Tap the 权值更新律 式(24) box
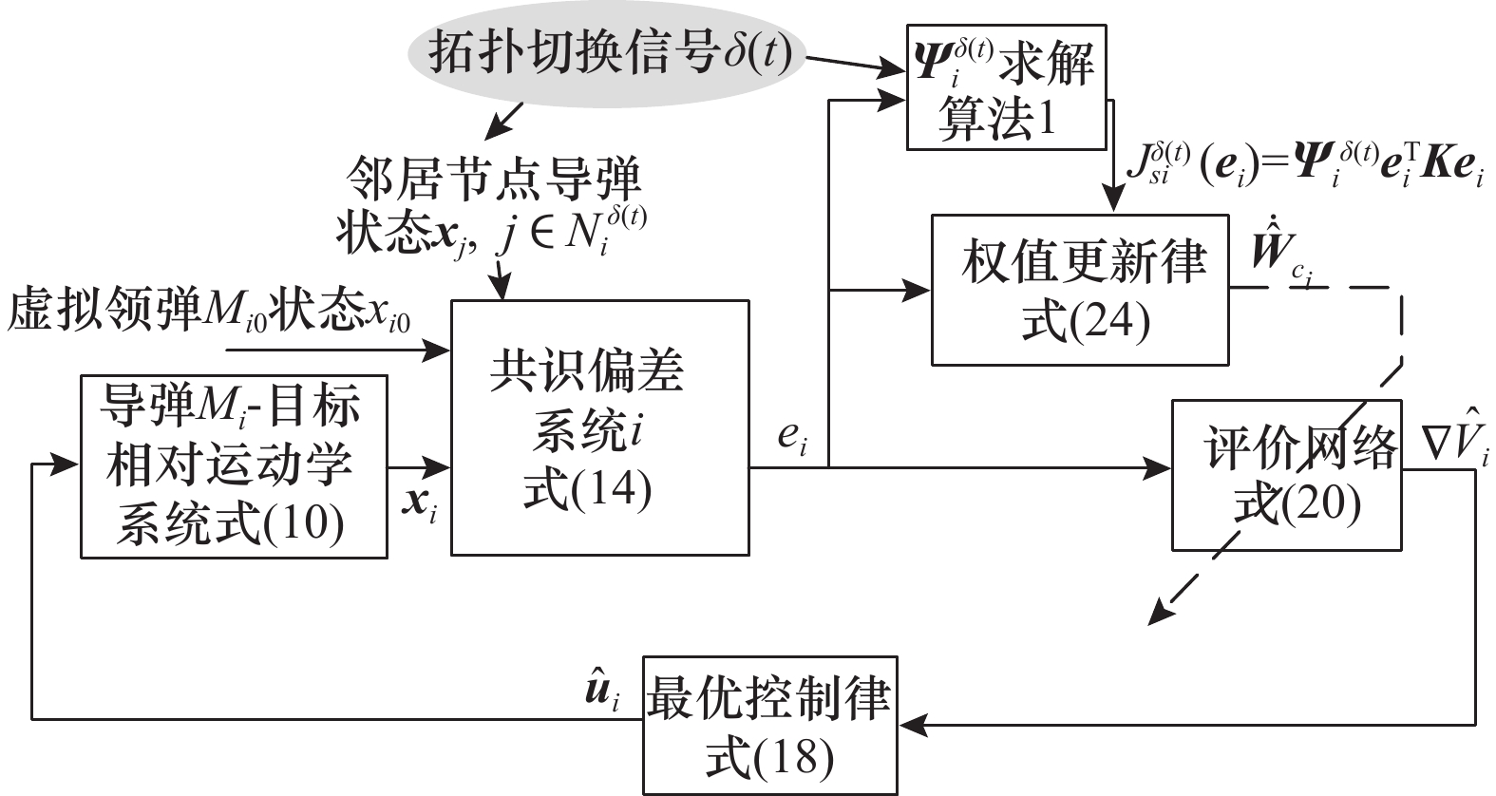pyautogui.click(x=1080, y=290)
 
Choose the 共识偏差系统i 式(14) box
pyautogui.click(x=598, y=427)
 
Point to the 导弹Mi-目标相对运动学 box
pyautogui.click(x=234, y=465)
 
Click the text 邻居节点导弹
pyautogui.click(x=493, y=179)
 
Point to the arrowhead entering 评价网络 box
pyautogui.click(x=1161, y=466)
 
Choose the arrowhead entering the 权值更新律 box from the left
pyautogui.click(x=919, y=290)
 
